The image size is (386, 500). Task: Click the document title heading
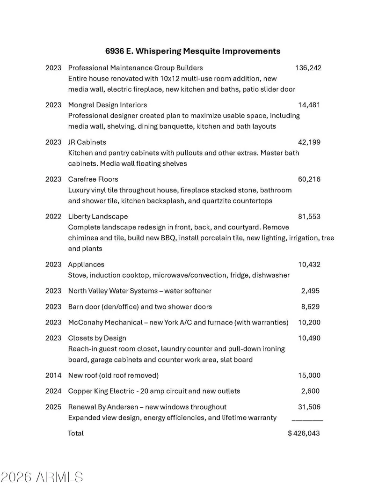193,51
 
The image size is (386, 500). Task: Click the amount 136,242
308,68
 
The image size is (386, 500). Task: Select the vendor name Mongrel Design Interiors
107,105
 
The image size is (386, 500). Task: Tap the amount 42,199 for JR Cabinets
309,142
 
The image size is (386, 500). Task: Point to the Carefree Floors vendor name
93,179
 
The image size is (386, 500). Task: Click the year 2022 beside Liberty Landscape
53,216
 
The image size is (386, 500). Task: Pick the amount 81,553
309,216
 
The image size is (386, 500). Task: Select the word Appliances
86,265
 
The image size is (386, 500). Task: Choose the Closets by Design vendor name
97,338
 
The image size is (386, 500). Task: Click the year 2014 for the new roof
53,375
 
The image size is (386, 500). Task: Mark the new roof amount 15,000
309,375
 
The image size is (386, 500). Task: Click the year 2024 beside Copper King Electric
53,391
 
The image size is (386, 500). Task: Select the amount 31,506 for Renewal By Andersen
309,407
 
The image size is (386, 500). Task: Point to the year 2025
53,407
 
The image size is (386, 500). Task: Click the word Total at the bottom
76,434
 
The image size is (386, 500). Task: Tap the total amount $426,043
304,434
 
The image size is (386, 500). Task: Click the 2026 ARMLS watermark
42,477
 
